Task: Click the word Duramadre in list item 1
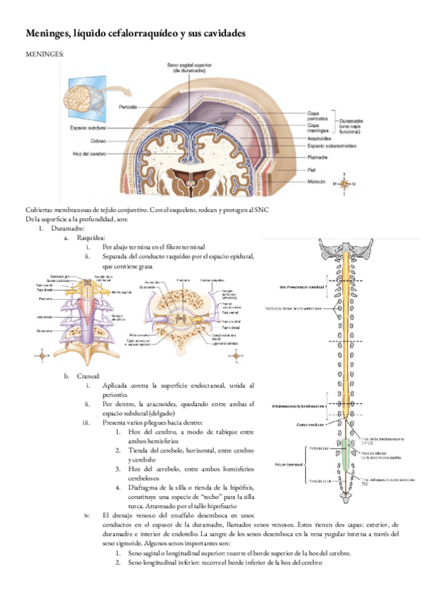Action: (69, 229)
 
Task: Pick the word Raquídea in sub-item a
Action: (90, 238)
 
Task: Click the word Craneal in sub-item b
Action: (89, 376)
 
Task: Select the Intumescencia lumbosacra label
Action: (296, 406)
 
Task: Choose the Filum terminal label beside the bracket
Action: (290, 465)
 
